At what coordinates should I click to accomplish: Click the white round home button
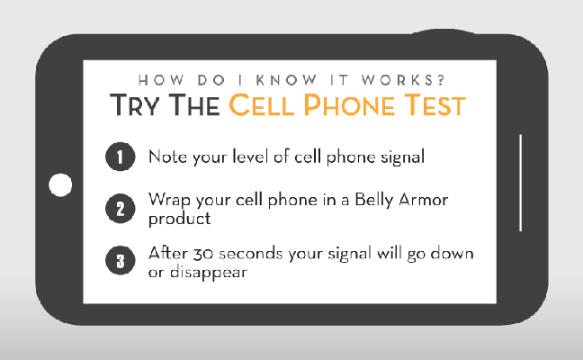point(60,184)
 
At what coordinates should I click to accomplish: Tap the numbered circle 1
point(120,157)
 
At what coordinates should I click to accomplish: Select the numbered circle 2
point(120,209)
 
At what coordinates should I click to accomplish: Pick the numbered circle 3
point(120,261)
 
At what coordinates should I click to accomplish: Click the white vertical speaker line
point(521,183)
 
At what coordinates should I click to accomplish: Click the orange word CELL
point(262,104)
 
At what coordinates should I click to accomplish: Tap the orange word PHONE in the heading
point(349,104)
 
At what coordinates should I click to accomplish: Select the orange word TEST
point(435,104)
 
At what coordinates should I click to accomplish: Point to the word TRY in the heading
point(135,104)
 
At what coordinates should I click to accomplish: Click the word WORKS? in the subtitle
point(403,80)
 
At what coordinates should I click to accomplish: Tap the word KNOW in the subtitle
point(286,80)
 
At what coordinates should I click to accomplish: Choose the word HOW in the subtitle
point(161,80)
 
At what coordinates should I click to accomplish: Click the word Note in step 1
point(167,157)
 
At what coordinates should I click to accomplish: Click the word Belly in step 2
point(373,200)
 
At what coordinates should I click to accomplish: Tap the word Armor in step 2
point(424,200)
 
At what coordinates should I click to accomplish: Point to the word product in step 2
point(179,219)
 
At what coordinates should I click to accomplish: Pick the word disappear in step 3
point(208,273)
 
